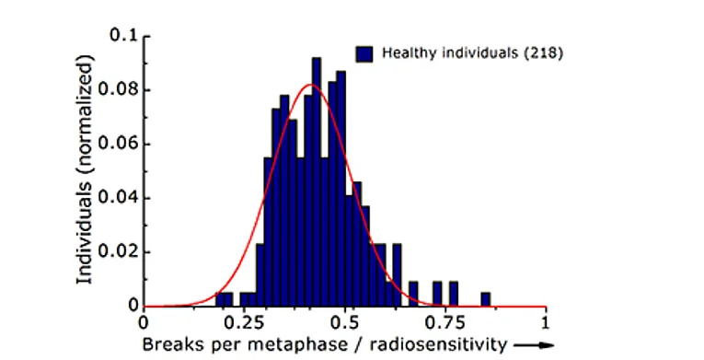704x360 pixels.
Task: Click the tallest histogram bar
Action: pos(317,182)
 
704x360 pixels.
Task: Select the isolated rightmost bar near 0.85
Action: pos(485,299)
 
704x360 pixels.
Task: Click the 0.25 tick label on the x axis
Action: pos(244,323)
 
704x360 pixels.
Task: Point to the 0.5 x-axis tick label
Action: pos(345,323)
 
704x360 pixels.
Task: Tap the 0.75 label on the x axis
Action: pos(445,323)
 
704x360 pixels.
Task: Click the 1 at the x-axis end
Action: pos(545,323)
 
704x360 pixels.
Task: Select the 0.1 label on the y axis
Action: pos(124,35)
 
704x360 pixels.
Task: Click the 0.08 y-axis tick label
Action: pos(119,89)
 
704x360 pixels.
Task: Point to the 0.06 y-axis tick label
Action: pos(119,144)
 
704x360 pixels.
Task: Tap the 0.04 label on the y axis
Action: pos(119,198)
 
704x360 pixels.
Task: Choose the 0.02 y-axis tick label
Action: pos(119,251)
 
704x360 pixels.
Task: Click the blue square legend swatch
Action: pos(364,54)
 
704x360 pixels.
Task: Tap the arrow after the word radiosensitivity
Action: pos(533,345)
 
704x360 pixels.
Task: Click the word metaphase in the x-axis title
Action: pos(278,345)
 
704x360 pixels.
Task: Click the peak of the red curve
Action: pos(311,85)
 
